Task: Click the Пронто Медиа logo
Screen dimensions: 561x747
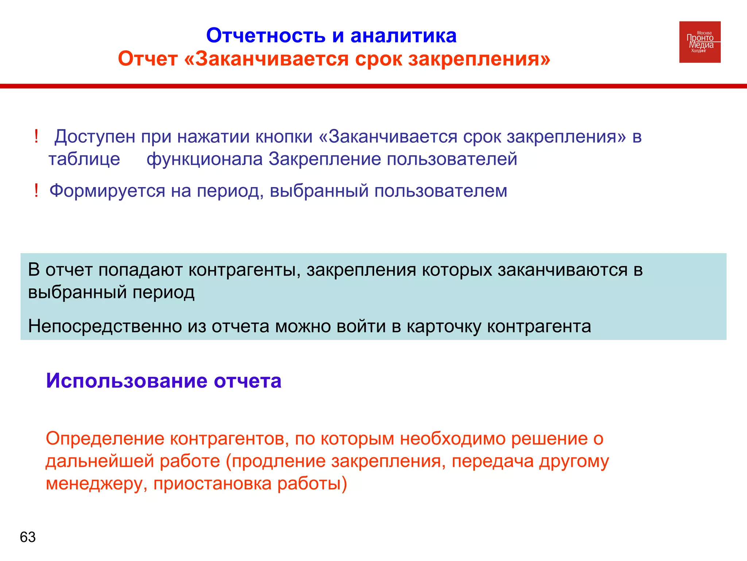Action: [x=700, y=42]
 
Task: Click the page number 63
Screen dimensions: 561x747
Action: [x=28, y=537]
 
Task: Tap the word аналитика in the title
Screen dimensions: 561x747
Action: [x=403, y=36]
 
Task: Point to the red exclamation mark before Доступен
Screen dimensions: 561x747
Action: [x=36, y=137]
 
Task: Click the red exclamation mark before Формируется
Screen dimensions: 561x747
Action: [x=36, y=191]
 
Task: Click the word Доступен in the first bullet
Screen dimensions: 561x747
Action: [x=95, y=137]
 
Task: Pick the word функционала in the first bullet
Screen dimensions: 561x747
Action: [x=205, y=159]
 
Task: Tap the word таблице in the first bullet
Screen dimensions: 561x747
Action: [x=84, y=159]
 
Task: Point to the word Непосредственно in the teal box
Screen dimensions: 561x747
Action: [x=105, y=326]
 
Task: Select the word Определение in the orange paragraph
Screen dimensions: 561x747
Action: [x=105, y=439]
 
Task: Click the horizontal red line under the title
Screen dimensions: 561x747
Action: [x=373, y=86]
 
